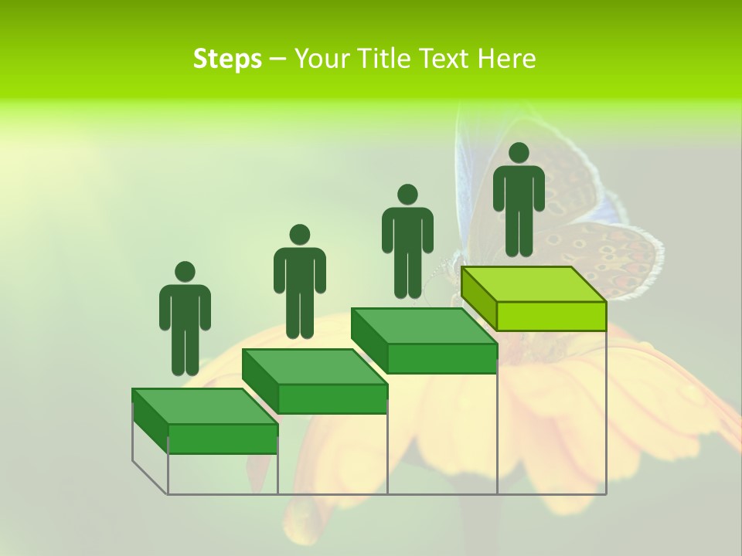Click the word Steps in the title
[227, 59]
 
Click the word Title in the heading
[387, 59]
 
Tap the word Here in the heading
[506, 59]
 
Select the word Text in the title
[446, 59]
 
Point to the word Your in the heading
[322, 59]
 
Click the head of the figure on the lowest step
[185, 272]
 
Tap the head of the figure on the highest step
[519, 153]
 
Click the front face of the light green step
[551, 316]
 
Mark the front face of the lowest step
[223, 439]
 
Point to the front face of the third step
[441, 358]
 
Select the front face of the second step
[332, 398]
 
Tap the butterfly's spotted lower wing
[618, 259]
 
